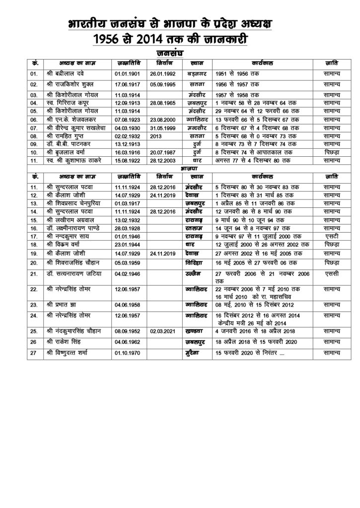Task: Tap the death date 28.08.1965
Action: pos(161,102)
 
